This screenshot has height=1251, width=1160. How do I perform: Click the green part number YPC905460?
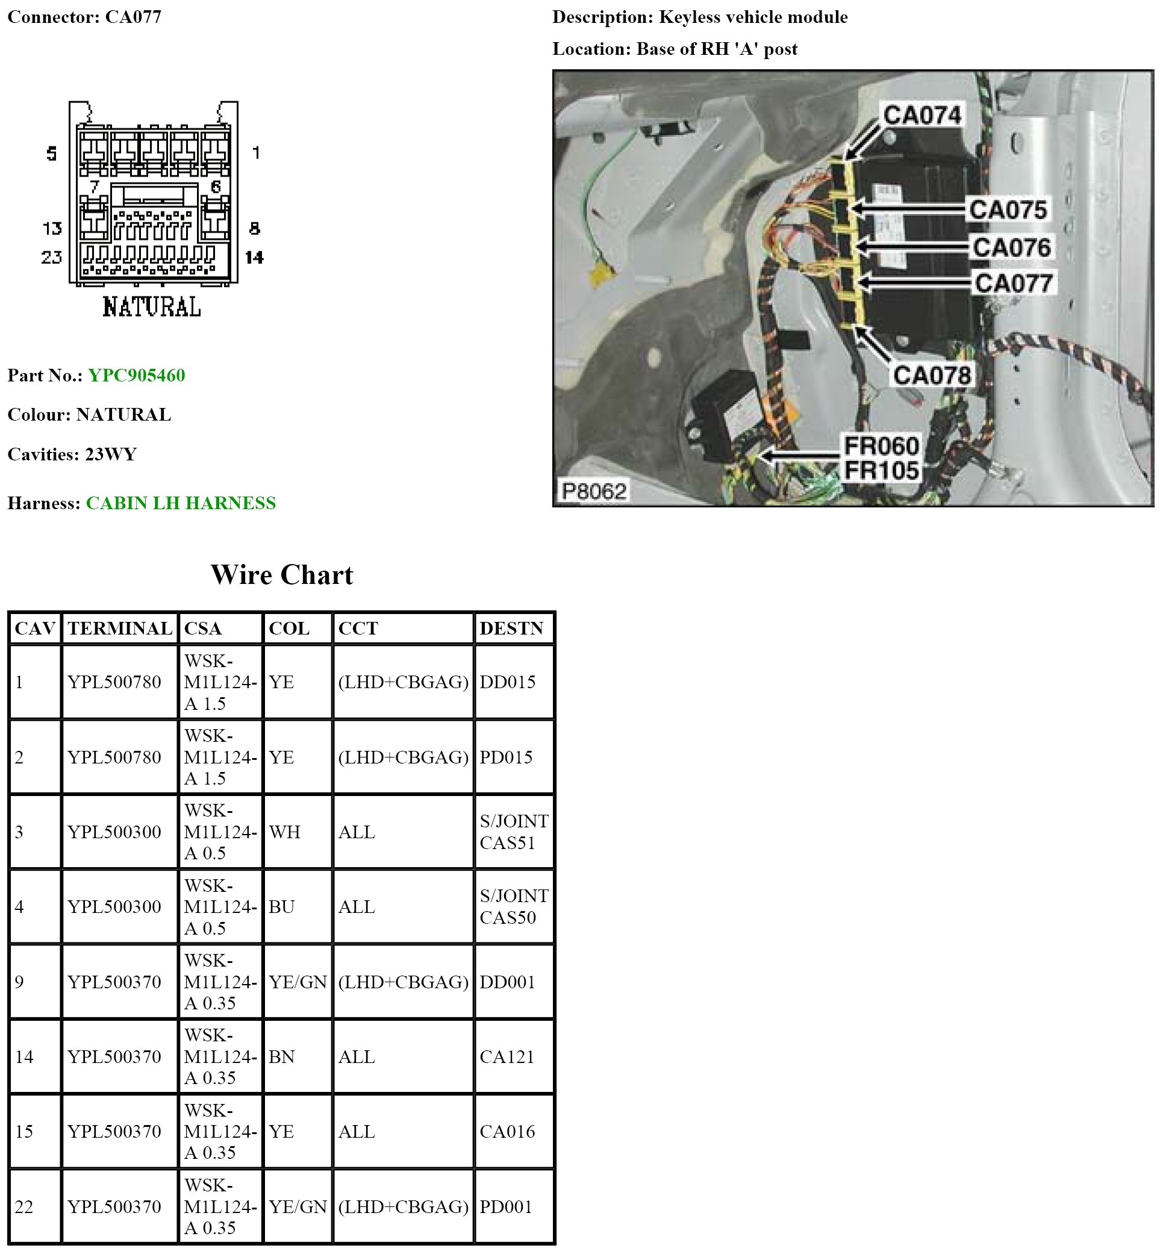point(136,375)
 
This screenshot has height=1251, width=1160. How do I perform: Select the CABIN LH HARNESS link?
point(181,503)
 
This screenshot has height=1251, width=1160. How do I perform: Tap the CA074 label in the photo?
point(921,115)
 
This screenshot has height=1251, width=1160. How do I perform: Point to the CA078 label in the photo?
point(932,375)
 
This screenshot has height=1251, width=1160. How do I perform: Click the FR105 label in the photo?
point(881,471)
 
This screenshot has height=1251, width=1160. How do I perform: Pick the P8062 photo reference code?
point(593,491)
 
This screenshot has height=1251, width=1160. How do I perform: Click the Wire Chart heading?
point(282,575)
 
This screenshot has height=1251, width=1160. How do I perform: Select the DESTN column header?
point(511,629)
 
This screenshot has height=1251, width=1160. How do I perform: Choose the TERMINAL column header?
point(120,629)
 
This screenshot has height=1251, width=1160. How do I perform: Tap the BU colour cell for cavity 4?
point(282,907)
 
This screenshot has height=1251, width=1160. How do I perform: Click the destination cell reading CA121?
point(507,1057)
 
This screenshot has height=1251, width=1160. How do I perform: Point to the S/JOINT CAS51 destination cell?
point(514,832)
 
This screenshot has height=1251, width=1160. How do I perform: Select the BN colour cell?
point(282,1057)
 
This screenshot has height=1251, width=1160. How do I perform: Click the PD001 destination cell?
point(505,1207)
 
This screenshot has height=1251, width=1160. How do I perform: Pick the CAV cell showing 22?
point(24,1207)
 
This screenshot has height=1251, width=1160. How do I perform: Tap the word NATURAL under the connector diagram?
point(151,307)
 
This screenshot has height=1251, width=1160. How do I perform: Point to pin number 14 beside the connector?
point(254,257)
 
